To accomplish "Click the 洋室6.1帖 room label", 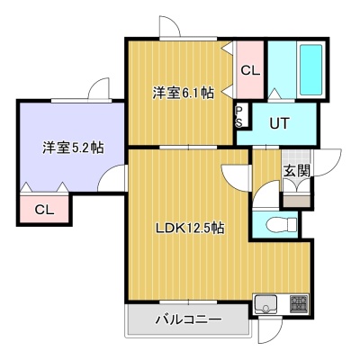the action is click(x=183, y=93).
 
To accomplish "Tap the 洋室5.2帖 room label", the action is click(x=73, y=148).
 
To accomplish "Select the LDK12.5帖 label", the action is click(x=190, y=229).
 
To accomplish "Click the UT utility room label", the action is click(x=279, y=123).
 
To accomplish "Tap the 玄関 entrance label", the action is click(x=297, y=171).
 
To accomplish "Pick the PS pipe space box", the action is click(x=242, y=116).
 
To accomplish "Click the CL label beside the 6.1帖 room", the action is click(x=250, y=71).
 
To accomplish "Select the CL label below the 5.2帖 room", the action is click(x=44, y=210).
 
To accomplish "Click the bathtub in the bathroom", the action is click(x=311, y=69).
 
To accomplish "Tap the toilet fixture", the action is click(x=281, y=225).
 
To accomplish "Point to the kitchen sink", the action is click(x=265, y=304).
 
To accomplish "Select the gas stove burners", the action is click(x=299, y=303).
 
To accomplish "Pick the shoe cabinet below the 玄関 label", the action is click(x=296, y=200).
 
